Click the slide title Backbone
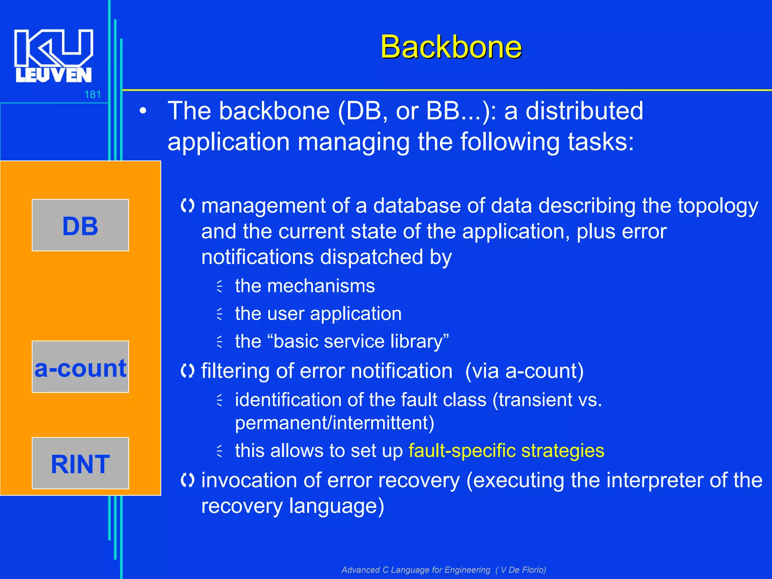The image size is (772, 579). click(x=451, y=47)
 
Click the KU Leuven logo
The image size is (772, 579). click(x=54, y=56)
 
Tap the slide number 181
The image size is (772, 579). click(x=92, y=95)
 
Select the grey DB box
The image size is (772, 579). click(x=80, y=225)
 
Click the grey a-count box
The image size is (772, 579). click(x=80, y=367)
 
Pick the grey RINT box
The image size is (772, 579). click(x=80, y=463)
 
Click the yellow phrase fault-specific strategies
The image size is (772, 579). click(x=506, y=450)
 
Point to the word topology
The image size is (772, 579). click(x=717, y=206)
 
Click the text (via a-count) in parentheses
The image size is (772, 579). click(x=524, y=371)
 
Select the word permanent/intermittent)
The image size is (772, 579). click(x=334, y=423)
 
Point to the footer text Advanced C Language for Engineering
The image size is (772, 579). click(x=416, y=570)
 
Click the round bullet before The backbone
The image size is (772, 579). click(x=142, y=111)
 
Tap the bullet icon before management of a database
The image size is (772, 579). click(x=187, y=206)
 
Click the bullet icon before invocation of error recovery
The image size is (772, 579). click(x=187, y=480)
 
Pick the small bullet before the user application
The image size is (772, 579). click(x=220, y=314)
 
